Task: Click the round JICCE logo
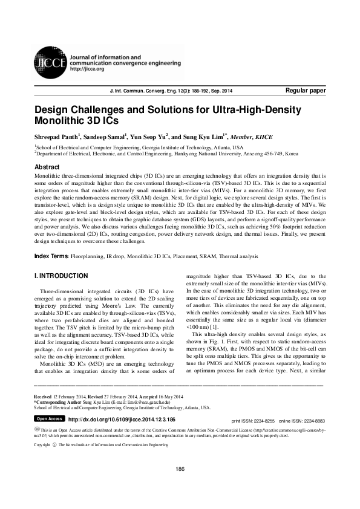pos(51,60)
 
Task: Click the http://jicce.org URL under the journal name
pos(88,69)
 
